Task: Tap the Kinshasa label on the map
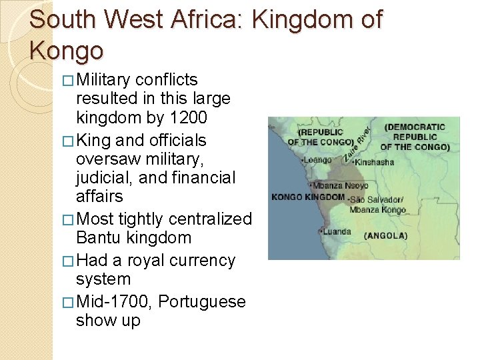[375, 162]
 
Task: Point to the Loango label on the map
[318, 160]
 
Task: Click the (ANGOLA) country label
[386, 235]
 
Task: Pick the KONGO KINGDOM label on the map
[308, 197]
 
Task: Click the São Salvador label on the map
[376, 199]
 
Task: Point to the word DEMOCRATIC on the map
[415, 127]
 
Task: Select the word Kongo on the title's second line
[67, 50]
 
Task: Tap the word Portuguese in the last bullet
[201, 301]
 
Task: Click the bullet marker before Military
[69, 81]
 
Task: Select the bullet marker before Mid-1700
[69, 302]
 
